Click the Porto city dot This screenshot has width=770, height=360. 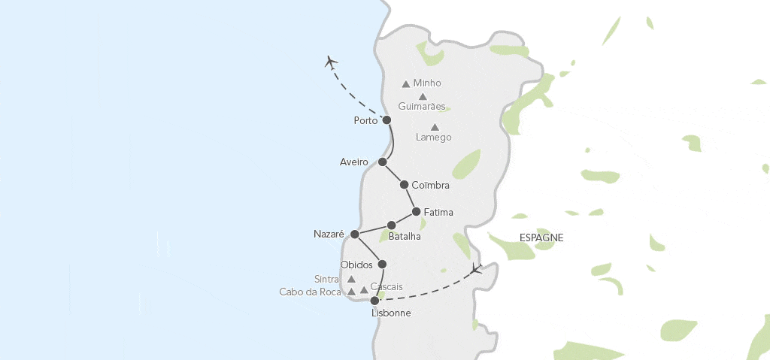387,120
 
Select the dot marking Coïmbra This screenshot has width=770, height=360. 405,185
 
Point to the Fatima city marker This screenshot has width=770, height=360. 416,212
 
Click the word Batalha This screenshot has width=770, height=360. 405,237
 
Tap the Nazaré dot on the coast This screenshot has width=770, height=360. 355,234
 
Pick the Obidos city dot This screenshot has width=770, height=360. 382,265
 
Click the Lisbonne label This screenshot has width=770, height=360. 391,313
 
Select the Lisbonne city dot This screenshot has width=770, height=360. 374,301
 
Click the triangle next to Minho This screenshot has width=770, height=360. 406,84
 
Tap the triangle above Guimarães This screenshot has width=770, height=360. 423,96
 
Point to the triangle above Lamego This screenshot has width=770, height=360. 435,127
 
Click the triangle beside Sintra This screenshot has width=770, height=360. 351,279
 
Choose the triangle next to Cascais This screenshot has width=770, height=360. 364,290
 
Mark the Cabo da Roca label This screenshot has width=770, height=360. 311,292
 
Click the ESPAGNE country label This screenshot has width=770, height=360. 541,237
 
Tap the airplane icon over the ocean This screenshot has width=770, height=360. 331,62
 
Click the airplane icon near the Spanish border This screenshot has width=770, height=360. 476,268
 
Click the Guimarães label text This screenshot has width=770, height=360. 422,107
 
